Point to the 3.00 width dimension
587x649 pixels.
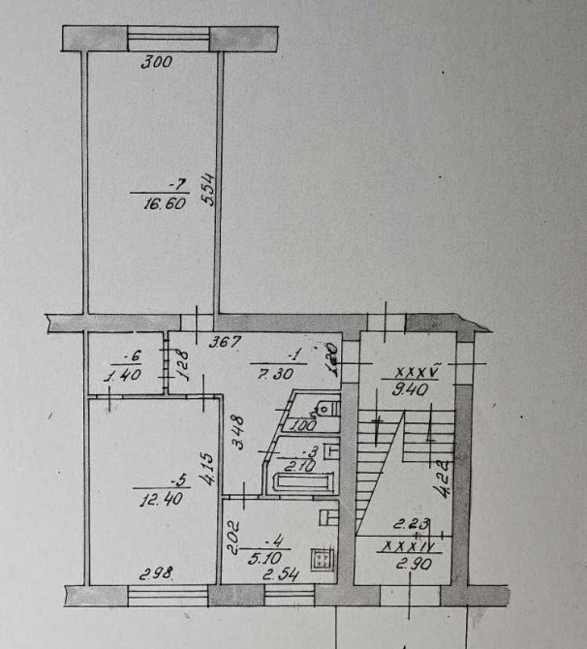(156, 64)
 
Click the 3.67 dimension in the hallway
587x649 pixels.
(227, 341)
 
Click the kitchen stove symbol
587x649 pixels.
(321, 561)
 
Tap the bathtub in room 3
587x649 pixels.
(302, 481)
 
